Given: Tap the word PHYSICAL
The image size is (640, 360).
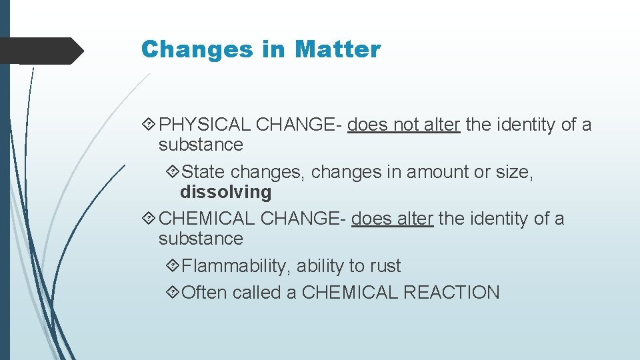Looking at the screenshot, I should click(206, 125).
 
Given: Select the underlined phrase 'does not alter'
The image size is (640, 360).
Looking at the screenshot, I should click(404, 125).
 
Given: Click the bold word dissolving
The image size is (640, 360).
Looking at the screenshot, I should click(226, 192).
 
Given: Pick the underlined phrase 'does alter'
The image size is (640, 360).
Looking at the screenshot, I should click(393, 219).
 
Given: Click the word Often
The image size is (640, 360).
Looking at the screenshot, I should click(204, 293).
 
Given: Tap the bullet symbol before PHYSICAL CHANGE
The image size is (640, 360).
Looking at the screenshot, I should click(147, 125).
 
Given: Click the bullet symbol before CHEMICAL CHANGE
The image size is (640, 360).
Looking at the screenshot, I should click(147, 219).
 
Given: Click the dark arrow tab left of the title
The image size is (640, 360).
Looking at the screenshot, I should click(40, 51).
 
